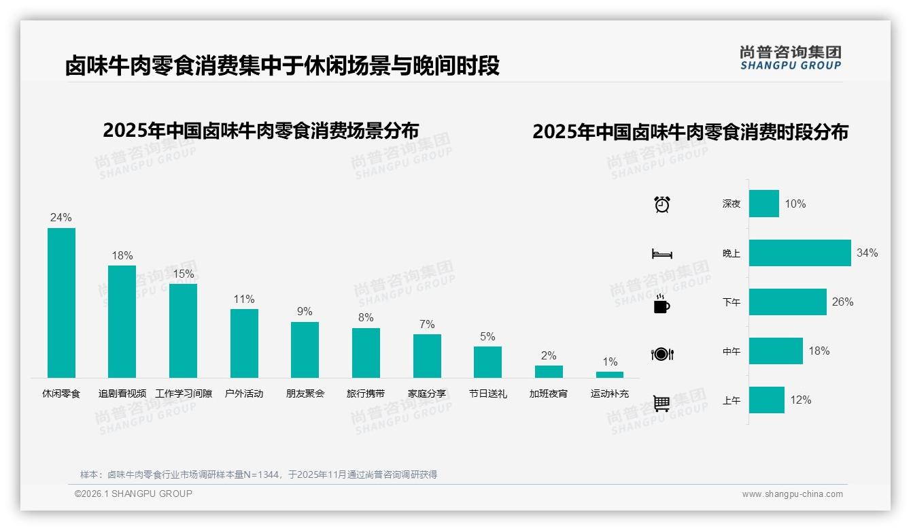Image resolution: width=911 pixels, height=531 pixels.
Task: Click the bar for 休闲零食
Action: (x=61, y=303)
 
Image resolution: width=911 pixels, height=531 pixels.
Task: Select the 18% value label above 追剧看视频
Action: (x=122, y=256)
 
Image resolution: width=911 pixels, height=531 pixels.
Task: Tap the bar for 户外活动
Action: (x=244, y=343)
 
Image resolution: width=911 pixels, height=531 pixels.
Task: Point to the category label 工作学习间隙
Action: (x=184, y=393)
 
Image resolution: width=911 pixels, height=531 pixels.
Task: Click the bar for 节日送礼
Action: (x=487, y=362)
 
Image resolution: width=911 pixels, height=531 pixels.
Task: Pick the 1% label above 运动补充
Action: (x=610, y=362)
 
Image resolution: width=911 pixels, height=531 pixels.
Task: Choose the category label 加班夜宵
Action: (x=549, y=393)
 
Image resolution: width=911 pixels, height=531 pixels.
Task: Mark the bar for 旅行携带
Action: (x=366, y=353)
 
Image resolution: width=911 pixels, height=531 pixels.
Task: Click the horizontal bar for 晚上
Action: (x=800, y=253)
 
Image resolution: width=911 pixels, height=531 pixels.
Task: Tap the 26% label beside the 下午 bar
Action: (x=842, y=302)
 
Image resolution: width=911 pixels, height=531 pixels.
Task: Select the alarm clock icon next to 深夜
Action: (x=662, y=204)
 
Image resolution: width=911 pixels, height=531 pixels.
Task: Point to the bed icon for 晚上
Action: (x=662, y=254)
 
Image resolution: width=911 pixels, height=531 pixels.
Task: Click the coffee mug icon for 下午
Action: (x=661, y=304)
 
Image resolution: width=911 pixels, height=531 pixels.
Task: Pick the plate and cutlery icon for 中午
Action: (x=662, y=354)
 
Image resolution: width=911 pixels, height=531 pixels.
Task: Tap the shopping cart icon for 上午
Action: (x=661, y=403)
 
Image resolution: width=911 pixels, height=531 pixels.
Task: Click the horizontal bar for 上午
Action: (x=767, y=400)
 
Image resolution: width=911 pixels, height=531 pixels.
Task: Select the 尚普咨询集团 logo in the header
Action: (x=791, y=58)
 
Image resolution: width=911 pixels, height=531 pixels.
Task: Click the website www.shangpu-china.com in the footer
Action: (x=792, y=494)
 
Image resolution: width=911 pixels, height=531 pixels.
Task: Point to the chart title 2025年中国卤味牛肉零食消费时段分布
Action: (x=690, y=132)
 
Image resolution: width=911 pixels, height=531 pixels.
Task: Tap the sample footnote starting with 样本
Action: (x=258, y=474)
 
